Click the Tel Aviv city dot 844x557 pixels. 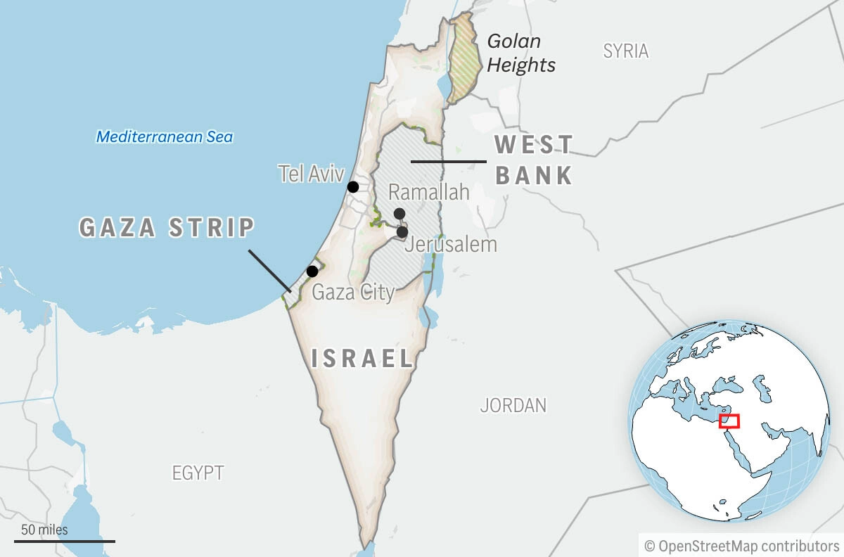[353, 187]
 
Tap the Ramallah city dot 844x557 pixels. [399, 214]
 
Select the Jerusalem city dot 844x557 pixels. [402, 231]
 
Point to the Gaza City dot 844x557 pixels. [312, 271]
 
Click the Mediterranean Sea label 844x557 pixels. [165, 137]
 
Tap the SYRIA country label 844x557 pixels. [626, 51]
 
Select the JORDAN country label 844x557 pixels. [513, 406]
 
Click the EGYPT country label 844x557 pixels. [198, 473]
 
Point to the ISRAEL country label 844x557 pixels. [363, 359]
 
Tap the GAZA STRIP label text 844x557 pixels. [167, 228]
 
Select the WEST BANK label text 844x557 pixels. [534, 160]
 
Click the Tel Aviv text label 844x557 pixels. [311, 174]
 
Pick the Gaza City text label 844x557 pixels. [353, 292]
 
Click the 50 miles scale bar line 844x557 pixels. [64, 542]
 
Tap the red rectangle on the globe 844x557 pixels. [729, 421]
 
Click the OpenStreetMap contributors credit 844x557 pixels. [741, 546]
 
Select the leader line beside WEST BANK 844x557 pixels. [448, 162]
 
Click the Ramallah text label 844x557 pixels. [429, 192]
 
